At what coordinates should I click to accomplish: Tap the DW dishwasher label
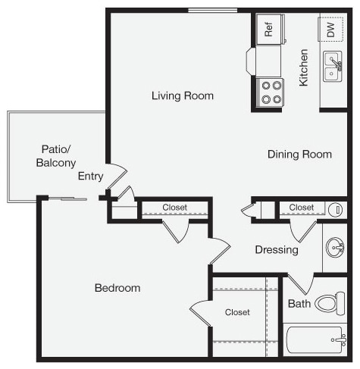330,30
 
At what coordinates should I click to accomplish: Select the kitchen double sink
333,66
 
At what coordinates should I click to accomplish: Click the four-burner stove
271,92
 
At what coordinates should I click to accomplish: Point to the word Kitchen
303,67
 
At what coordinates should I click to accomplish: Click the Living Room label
182,96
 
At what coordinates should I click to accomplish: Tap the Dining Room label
299,155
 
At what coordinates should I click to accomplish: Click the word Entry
90,177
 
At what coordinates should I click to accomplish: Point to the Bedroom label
117,288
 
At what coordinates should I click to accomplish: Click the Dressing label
276,250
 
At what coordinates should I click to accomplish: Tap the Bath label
299,305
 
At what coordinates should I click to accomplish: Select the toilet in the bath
330,303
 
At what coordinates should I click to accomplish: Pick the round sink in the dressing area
335,247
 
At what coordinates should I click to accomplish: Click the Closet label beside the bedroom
237,312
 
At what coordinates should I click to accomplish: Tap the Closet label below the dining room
301,207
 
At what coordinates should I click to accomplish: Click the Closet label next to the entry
174,208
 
